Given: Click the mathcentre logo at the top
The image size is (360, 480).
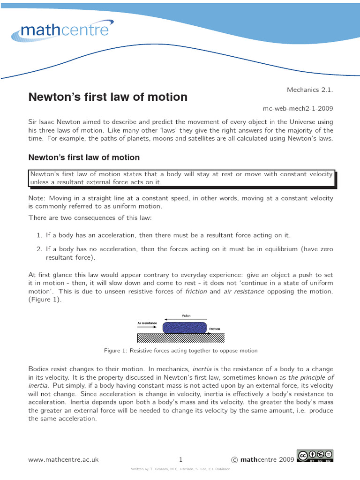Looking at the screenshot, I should [x=63, y=31].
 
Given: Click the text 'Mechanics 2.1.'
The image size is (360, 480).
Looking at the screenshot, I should [x=309, y=89].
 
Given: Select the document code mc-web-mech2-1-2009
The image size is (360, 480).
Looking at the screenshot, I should [x=298, y=108].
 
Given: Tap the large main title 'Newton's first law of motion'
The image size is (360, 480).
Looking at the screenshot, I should [x=108, y=97].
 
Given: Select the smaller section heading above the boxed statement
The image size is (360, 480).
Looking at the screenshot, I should [x=84, y=157].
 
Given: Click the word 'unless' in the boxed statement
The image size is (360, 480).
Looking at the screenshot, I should [x=39, y=182].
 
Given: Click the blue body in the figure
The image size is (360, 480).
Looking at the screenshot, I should [x=184, y=326].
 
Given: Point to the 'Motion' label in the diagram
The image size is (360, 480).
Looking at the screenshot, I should [x=186, y=315].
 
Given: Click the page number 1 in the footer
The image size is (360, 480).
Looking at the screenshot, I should [x=180, y=460].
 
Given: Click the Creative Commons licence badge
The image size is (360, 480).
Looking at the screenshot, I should [x=315, y=456].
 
